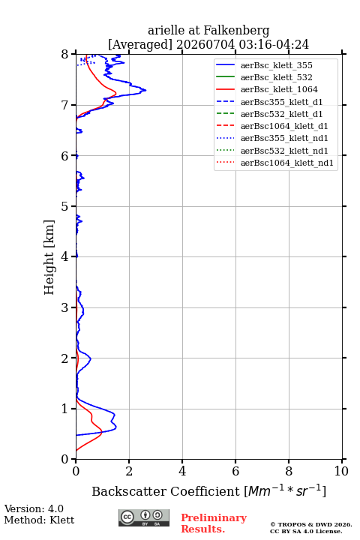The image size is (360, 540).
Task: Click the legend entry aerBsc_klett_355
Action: pyautogui.click(x=276, y=65)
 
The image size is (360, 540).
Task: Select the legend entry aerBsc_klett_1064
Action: pyautogui.click(x=279, y=89)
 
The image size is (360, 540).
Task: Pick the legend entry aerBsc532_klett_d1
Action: pyautogui.click(x=281, y=114)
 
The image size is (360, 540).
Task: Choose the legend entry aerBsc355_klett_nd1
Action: pyautogui.click(x=284, y=139)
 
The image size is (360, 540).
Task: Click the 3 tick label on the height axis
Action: pyautogui.click(x=64, y=307)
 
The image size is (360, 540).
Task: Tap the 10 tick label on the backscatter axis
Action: pyautogui.click(x=341, y=471)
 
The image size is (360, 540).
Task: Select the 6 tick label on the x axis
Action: pyautogui.click(x=235, y=471)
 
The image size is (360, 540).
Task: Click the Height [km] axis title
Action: pyautogui.click(x=49, y=257)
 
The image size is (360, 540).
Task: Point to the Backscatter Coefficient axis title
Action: pyautogui.click(x=208, y=491)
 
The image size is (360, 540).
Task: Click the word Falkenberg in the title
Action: pyautogui.click(x=236, y=31)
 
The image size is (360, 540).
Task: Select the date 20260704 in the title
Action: pyautogui.click(x=205, y=45)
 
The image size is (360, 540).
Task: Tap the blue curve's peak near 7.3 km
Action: pyautogui.click(x=145, y=90)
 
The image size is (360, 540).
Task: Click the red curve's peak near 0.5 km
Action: pyautogui.click(x=102, y=434)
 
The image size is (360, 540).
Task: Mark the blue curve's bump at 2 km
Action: pyautogui.click(x=91, y=358)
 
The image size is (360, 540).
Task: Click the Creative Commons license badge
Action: pyautogui.click(x=144, y=517)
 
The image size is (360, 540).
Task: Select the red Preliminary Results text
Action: pyautogui.click(x=214, y=523)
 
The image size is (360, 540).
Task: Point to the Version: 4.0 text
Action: pyautogui.click(x=34, y=508)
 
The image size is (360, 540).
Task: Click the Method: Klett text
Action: pyautogui.click(x=39, y=520)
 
